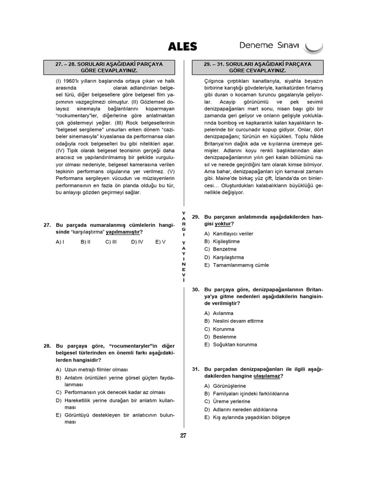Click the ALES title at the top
183,46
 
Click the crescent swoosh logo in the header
314,47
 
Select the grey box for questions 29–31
258,67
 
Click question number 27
47,225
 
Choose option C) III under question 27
111,242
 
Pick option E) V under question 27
160,242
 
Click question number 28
47,346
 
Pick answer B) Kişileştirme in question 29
222,241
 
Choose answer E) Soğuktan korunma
230,344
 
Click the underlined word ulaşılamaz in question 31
267,376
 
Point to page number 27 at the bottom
183,435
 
